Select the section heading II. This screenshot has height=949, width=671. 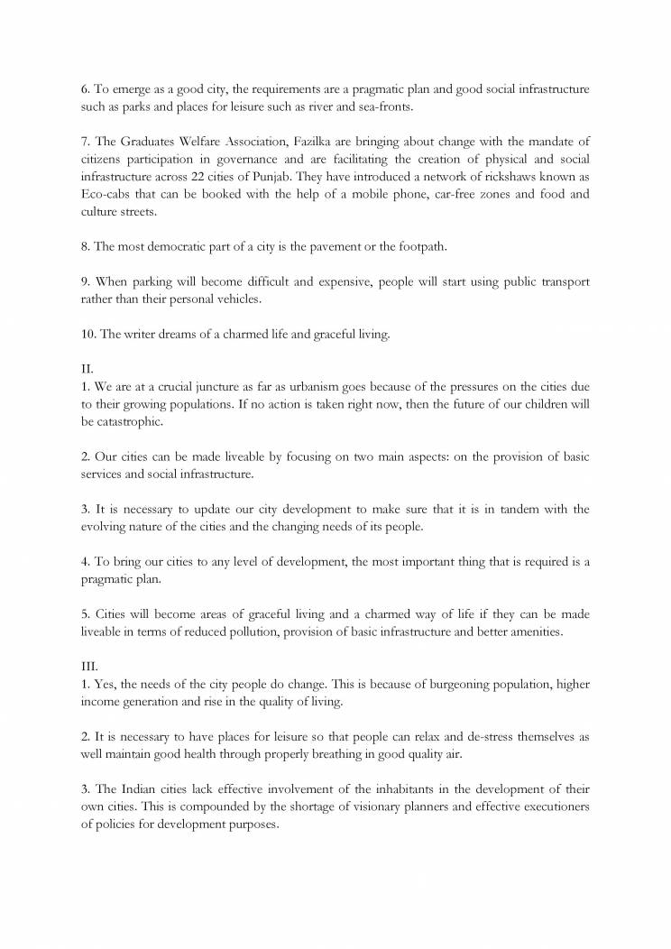point(87,370)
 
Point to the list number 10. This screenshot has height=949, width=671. point(87,336)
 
